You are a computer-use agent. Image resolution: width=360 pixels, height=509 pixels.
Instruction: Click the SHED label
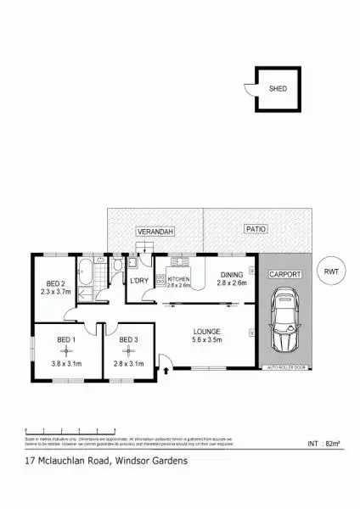coord(277,87)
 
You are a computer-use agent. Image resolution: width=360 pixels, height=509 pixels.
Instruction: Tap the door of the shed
coord(248,89)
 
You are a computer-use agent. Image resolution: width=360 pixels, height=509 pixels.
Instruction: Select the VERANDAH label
coord(154,232)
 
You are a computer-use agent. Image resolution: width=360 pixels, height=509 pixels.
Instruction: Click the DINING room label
coord(232,274)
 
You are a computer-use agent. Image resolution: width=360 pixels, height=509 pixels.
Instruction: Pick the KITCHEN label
coord(179,279)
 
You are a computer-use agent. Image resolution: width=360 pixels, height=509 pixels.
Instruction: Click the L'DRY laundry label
coord(139,280)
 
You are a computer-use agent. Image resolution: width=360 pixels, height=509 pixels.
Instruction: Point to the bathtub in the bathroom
coord(86,277)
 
